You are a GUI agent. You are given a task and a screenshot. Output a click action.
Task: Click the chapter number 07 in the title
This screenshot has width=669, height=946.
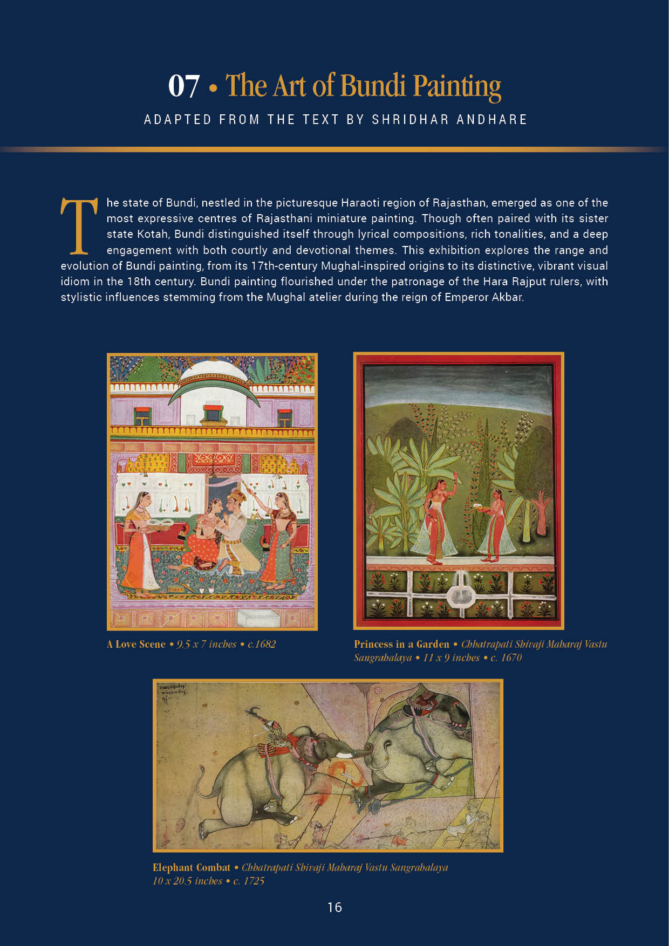click(x=184, y=86)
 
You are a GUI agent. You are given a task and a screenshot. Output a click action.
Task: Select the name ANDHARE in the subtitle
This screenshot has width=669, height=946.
click(x=491, y=120)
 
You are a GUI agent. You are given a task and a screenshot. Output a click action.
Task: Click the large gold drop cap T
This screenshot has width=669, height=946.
click(x=79, y=225)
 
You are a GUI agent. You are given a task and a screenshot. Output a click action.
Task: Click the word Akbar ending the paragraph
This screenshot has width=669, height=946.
click(x=507, y=297)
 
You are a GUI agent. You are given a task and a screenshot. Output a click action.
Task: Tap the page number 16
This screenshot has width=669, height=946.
click(x=334, y=907)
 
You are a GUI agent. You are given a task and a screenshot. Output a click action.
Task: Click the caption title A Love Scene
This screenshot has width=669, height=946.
click(x=136, y=644)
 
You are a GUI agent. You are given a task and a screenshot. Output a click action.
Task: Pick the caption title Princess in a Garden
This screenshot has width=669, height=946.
click(x=401, y=644)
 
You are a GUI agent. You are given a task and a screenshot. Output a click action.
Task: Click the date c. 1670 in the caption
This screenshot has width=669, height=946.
click(x=506, y=657)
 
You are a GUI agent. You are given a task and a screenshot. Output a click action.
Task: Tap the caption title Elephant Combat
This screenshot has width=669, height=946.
click(x=191, y=867)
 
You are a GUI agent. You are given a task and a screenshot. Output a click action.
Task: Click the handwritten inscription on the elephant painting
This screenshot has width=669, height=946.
click(x=173, y=692)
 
